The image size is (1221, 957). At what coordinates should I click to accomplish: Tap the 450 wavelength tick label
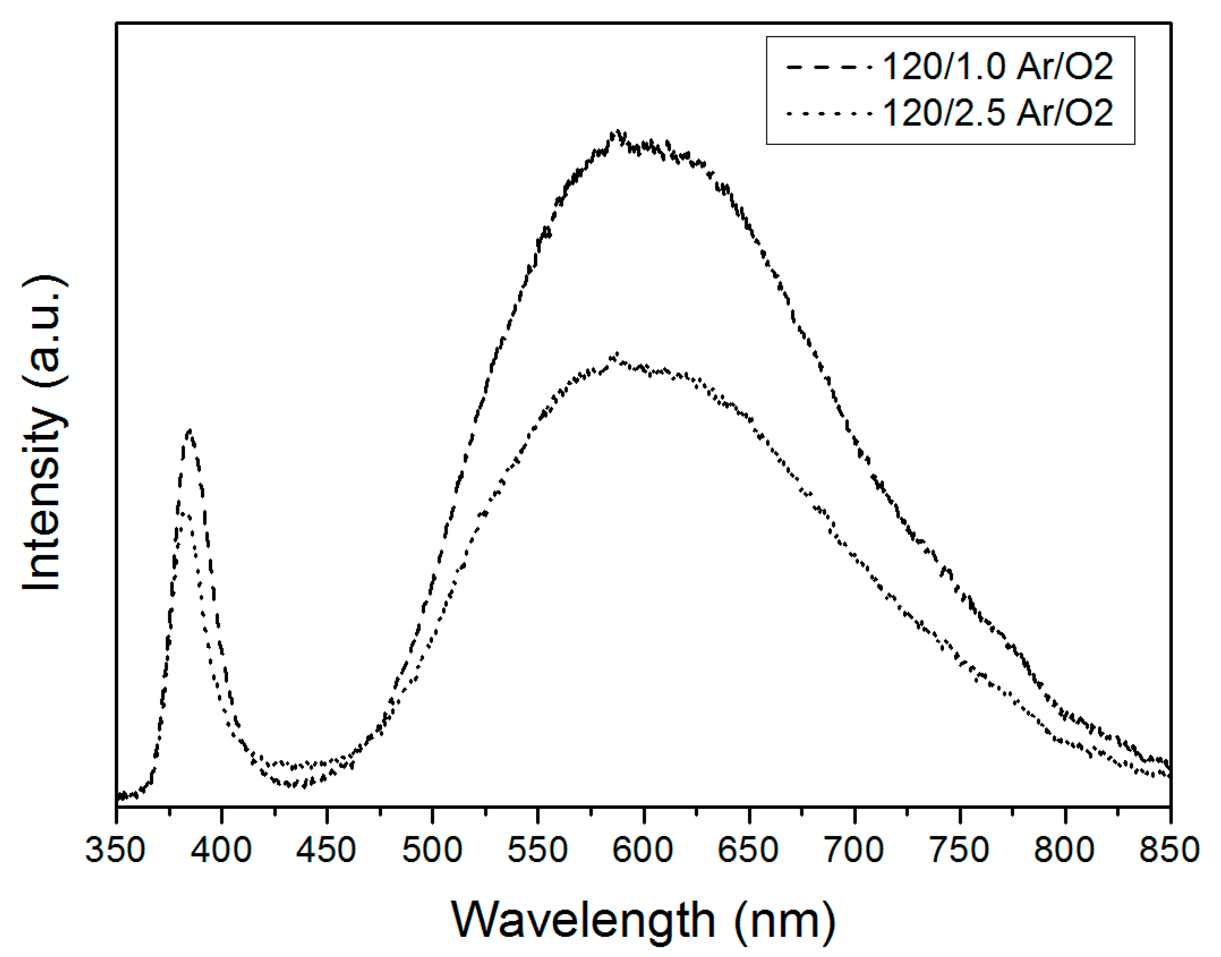327,850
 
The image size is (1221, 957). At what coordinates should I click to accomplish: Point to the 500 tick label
433,850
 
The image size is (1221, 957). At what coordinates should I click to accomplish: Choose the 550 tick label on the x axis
538,850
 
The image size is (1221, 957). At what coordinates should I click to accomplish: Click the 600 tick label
643,850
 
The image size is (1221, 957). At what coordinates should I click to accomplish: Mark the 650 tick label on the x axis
749,850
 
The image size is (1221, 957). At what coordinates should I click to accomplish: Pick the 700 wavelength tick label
854,850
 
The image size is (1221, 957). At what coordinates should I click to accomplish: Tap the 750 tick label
960,850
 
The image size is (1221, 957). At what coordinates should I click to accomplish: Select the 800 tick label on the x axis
1066,850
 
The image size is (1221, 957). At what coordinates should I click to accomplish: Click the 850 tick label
1170,850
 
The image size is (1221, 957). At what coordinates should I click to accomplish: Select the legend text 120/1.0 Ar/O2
998,67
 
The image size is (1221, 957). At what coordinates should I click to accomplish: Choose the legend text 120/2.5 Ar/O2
998,112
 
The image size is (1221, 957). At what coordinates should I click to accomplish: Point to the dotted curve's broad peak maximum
616,354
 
